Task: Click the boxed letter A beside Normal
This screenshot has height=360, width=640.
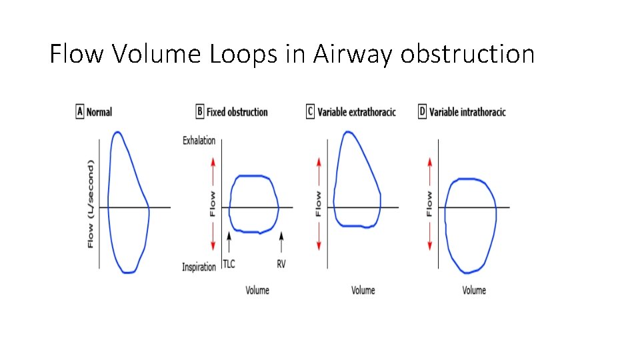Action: tap(80, 112)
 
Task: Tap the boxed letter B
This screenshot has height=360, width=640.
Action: tap(199, 112)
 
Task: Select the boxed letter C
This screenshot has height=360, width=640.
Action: tap(310, 112)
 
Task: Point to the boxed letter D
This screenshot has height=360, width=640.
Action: tap(422, 112)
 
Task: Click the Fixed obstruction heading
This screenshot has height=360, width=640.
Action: tap(237, 112)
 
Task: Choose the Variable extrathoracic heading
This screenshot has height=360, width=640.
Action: tap(357, 112)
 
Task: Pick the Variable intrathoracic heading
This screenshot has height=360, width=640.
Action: tap(467, 112)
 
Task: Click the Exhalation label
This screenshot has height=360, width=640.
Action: tap(199, 141)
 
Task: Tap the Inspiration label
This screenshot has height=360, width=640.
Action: tap(199, 267)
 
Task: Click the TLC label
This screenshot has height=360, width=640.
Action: tap(229, 264)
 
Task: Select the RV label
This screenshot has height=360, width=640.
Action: tap(281, 264)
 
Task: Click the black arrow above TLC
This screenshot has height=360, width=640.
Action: tap(229, 241)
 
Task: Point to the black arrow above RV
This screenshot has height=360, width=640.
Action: tap(281, 241)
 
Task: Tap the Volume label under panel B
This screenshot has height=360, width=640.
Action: tap(257, 290)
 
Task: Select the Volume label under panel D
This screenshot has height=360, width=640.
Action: tap(474, 290)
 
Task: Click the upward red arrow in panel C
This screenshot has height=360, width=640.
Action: tap(319, 171)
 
